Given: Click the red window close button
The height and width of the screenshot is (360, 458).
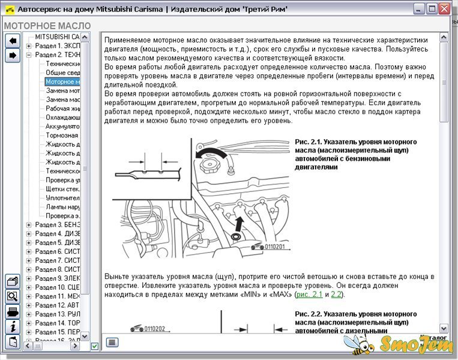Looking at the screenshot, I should tap(444, 9).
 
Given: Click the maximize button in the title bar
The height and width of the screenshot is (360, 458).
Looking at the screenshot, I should tap(430, 9).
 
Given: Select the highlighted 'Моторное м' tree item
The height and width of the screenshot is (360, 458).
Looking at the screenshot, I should tap(63, 82).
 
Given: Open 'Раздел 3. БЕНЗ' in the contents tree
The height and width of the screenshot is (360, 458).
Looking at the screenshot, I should tap(57, 224).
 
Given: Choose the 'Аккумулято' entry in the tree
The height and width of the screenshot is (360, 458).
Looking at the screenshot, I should tap(63, 127).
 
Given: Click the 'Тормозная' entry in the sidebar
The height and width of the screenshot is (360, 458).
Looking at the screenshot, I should tap(63, 136).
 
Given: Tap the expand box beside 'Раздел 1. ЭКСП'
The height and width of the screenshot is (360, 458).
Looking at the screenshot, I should tap(29, 46).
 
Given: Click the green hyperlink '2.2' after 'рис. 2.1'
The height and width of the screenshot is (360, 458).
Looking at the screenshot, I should tap(336, 295).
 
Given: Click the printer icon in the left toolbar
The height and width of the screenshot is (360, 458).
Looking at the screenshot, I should tap(12, 311).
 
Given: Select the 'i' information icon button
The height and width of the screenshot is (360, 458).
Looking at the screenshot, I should tap(12, 326).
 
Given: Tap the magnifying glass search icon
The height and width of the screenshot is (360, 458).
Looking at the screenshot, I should tap(12, 296).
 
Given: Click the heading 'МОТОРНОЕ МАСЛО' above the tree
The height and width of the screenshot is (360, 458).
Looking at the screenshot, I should tap(47, 26).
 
